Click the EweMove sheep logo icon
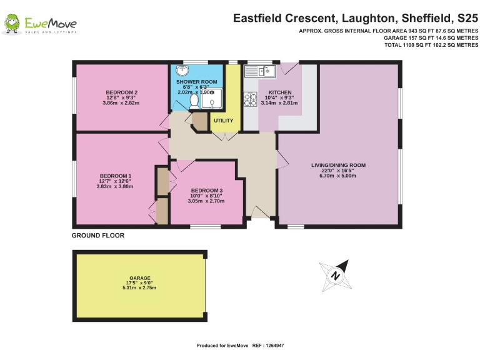pos(12,24)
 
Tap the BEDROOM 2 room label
pos(121,92)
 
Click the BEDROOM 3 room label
pos(207,191)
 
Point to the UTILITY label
pos(223,121)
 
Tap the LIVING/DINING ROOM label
pos(338,165)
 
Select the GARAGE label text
pos(140,278)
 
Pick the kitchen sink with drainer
pos(259,72)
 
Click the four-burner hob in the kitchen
pos(251,99)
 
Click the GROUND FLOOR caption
pos(98,236)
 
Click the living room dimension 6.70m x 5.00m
pos(338,176)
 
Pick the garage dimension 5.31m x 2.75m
pos(140,288)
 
